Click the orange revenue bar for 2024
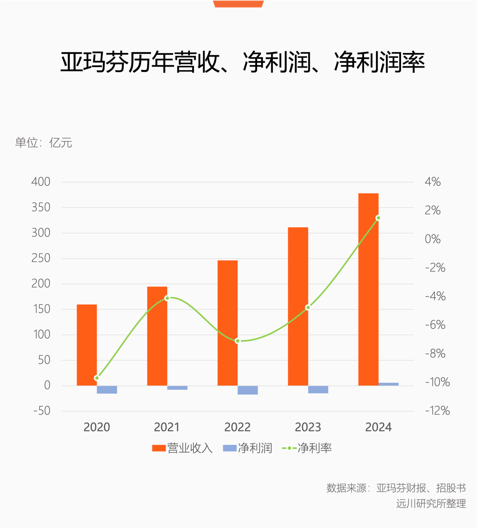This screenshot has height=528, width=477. coord(368,289)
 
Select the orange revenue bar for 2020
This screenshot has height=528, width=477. coord(87,345)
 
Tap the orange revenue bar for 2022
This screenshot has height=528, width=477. coord(227,323)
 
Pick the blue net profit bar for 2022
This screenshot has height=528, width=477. coord(248,390)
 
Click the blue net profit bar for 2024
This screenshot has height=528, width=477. coord(389,384)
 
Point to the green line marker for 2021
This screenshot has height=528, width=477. coord(167,298)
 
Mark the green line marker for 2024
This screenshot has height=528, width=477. coord(378,218)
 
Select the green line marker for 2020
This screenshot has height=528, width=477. coord(97,378)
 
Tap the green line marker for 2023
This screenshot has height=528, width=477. coord(308,307)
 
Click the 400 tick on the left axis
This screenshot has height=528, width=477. coord(41,182)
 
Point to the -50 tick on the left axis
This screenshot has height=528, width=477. coord(42,411)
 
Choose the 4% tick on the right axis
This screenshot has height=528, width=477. coord(432,182)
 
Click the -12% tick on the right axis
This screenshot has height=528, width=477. coord(437,411)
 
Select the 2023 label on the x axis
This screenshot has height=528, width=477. coord(308,427)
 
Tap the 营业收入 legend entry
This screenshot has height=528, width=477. coord(182,449)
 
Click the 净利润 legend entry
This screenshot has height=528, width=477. coord(247,449)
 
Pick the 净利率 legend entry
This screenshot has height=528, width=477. coord(307,449)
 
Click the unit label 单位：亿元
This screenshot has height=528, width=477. coord(44,143)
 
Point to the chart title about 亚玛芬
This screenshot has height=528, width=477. coord(242,62)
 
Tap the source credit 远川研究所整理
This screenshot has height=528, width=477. coord(431,504)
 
